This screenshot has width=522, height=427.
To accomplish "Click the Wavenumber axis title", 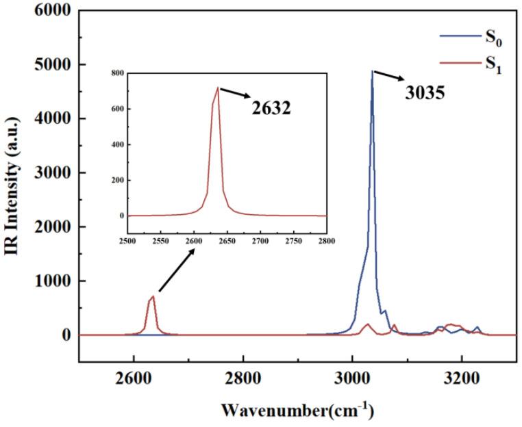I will pos(296,411).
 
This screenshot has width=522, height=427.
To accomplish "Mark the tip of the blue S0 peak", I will pos(372,70).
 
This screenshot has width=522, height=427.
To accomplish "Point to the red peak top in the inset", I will pos(218,87).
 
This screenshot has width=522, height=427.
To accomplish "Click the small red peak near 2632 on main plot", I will pos(153,297).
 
